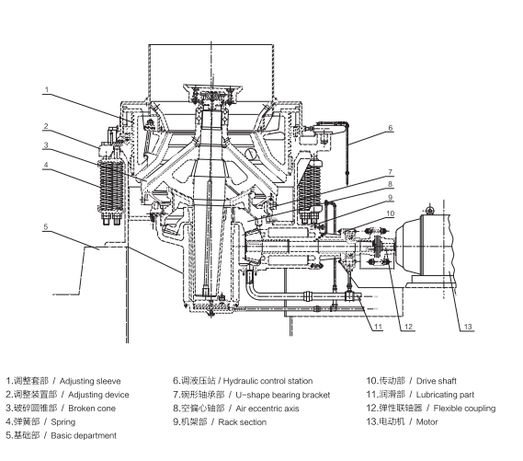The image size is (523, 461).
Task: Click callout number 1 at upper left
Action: [47, 89]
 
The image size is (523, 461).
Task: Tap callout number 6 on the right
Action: [391, 128]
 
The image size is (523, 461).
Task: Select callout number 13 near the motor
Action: [468, 327]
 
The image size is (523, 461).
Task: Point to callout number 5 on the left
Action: [46, 226]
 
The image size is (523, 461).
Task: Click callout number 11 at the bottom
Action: [378, 327]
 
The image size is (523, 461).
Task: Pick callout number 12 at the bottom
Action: [408, 327]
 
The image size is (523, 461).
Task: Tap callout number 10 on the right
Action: [390, 213]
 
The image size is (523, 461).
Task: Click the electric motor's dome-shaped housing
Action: [410, 244]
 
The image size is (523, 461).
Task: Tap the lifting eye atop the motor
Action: [430, 210]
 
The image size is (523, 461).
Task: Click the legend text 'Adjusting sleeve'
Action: [90, 381]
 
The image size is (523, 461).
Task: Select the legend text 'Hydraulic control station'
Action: [267, 381]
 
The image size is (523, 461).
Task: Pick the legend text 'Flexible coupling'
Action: [464, 409]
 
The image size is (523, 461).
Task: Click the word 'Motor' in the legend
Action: [426, 422]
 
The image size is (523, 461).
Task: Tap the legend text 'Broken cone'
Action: [92, 409]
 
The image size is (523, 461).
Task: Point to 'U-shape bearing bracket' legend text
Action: [282, 395]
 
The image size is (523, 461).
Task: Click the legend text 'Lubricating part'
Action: [445, 395]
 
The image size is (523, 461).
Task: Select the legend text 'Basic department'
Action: [84, 435]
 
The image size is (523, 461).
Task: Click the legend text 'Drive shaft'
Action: [437, 381]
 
